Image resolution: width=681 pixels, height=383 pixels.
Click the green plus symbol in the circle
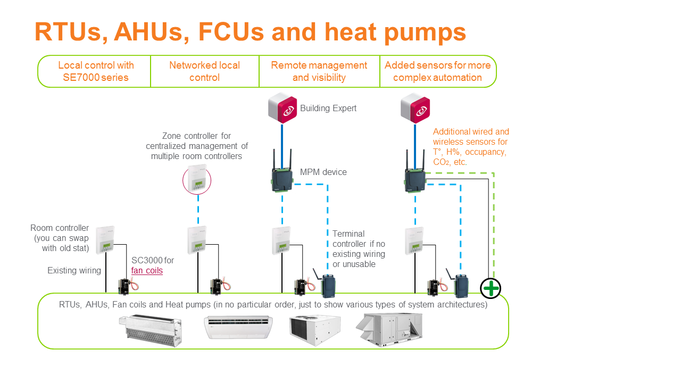(491, 288)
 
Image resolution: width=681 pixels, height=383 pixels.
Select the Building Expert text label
(328, 109)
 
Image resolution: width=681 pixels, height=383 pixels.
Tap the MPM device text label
(323, 172)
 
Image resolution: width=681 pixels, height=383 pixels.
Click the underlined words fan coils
(147, 270)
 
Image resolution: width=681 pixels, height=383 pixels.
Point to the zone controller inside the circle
(197, 181)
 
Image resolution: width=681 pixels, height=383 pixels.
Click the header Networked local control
(204, 71)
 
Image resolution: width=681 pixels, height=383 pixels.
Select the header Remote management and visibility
(319, 71)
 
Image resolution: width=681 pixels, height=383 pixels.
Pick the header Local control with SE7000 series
(96, 71)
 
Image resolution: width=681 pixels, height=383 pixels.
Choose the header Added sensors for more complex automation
(437, 71)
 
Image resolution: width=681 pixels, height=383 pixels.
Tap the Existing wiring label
(74, 271)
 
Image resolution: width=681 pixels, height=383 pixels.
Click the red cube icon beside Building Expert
(282, 108)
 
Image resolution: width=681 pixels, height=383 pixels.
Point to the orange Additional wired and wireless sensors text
(471, 147)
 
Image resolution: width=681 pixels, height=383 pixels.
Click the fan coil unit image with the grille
(153, 326)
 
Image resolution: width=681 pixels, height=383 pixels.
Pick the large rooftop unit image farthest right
(389, 329)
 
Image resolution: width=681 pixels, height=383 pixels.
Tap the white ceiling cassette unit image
(238, 327)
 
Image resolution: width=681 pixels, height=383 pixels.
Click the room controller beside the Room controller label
(105, 240)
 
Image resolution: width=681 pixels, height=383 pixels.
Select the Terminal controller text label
(358, 249)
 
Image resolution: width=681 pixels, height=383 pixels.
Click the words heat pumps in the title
(395, 32)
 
